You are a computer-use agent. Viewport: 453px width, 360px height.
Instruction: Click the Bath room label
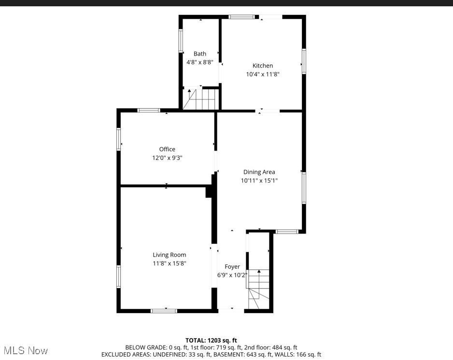tap(200, 54)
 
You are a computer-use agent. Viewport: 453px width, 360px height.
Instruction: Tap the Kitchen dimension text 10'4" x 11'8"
tap(263, 74)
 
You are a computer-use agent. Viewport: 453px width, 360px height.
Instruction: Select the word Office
tap(168, 149)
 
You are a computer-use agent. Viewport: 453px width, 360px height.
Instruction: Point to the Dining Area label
tap(259, 172)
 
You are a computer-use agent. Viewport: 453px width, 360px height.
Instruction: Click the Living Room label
tap(170, 255)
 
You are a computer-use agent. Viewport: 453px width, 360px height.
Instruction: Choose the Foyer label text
tap(232, 266)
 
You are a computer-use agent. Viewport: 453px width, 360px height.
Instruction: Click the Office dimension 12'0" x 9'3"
tap(168, 158)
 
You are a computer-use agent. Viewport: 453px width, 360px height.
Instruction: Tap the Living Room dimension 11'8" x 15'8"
tap(170, 263)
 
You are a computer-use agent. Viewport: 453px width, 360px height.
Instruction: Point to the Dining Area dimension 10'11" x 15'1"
tap(259, 180)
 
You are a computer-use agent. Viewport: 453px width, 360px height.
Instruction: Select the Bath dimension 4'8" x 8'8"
tap(200, 62)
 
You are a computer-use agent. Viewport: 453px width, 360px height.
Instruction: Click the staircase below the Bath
tap(200, 99)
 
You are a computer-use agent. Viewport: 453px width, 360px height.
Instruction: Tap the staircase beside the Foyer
tap(259, 290)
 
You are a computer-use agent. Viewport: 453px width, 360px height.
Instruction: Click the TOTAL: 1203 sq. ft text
tap(211, 340)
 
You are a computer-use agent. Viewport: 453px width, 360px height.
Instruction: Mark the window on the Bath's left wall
tap(181, 41)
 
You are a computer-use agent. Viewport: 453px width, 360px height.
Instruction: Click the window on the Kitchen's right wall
tap(304, 61)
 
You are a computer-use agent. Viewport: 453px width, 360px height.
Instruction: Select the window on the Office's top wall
tap(149, 111)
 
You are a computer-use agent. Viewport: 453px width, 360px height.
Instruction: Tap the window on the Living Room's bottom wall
tap(164, 311)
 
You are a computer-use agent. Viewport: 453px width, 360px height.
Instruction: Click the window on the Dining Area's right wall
tap(304, 188)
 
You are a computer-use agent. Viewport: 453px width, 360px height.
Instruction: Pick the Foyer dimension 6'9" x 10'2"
tap(232, 275)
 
